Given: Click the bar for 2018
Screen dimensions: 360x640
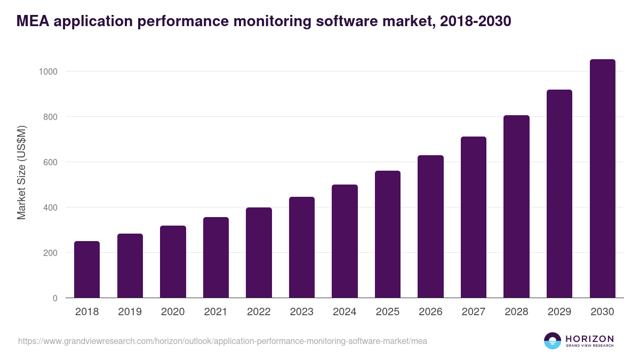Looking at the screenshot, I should coord(87,269).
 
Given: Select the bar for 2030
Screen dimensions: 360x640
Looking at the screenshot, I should coord(602,179).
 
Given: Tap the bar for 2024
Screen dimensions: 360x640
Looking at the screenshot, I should coord(345,241).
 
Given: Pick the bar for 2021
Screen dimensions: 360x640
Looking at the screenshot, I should coord(216,257).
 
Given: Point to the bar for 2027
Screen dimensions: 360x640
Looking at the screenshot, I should coord(474,217).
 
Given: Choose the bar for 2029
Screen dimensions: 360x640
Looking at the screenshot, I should coord(559,194).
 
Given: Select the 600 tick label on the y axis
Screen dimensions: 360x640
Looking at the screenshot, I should coord(51,162).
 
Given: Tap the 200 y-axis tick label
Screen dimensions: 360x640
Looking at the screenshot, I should coord(51,253).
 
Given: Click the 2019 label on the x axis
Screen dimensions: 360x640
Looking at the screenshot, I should coord(130,312).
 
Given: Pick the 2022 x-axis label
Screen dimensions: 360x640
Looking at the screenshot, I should coord(259,312).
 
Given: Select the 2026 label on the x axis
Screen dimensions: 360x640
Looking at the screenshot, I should coord(430,312).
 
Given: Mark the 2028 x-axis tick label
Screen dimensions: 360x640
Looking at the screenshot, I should coord(516,312).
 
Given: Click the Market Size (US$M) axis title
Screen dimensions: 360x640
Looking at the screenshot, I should coord(21,173).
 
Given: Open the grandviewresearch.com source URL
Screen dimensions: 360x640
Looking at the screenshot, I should coord(222,341).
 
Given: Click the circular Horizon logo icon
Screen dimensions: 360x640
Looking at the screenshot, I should coord(553,341).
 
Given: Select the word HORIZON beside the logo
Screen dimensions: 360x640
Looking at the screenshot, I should coord(589,339).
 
